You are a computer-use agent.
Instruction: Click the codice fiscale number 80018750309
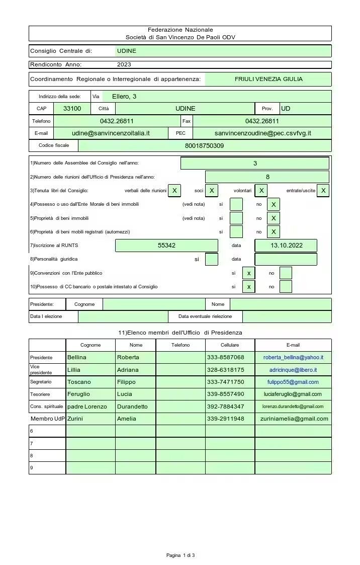(x=205, y=146)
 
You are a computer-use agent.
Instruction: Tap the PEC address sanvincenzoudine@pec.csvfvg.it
(x=262, y=133)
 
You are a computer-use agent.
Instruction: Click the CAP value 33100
(x=72, y=109)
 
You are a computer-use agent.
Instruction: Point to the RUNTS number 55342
(x=166, y=246)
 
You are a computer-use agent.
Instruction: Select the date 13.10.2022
(x=286, y=246)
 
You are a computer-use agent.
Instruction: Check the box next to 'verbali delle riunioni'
(x=174, y=191)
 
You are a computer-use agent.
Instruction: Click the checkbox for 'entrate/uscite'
(x=323, y=191)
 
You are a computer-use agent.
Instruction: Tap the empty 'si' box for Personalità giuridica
(x=212, y=259)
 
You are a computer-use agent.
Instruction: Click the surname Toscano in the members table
(x=79, y=382)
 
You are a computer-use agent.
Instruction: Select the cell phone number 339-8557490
(x=225, y=394)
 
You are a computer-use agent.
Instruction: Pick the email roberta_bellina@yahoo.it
(x=293, y=357)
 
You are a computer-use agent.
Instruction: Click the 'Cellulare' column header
(x=230, y=345)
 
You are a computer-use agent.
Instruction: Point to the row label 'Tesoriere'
(x=40, y=394)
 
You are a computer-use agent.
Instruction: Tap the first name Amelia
(x=127, y=419)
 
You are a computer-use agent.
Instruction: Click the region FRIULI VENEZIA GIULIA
(x=268, y=79)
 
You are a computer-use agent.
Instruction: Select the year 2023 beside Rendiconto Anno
(x=124, y=64)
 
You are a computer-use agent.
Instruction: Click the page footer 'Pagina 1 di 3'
(x=180, y=555)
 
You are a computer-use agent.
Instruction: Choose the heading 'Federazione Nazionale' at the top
(x=180, y=30)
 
